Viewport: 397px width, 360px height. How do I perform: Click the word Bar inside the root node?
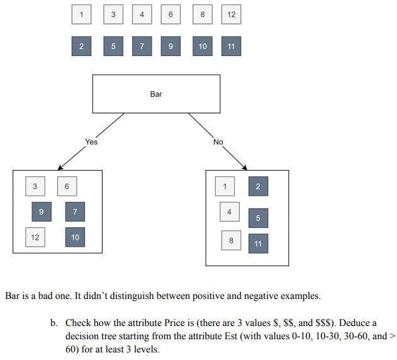click(x=156, y=94)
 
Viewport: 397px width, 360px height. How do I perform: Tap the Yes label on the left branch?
click(x=91, y=142)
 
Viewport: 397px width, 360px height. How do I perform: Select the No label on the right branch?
click(x=218, y=142)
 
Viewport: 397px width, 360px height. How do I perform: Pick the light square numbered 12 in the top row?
click(x=231, y=14)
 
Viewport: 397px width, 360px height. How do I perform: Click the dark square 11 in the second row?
click(x=231, y=46)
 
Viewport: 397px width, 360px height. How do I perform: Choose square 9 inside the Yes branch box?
click(x=42, y=211)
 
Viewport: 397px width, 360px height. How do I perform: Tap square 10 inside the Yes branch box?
click(x=75, y=237)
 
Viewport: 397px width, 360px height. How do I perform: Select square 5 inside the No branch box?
click(x=258, y=218)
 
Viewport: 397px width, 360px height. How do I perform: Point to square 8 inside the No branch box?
click(x=231, y=240)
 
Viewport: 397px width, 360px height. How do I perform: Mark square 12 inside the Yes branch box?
click(x=35, y=237)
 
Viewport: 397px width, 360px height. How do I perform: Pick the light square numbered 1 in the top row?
click(x=81, y=14)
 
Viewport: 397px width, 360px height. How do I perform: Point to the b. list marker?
click(x=55, y=322)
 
